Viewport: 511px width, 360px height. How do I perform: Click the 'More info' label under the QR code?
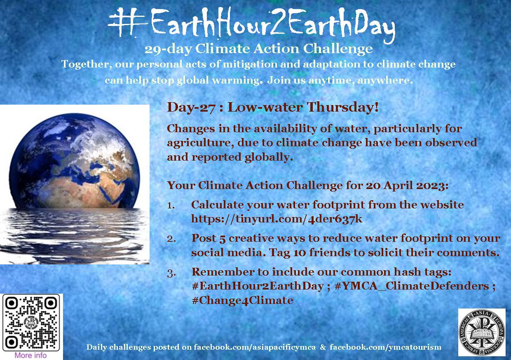[x=31, y=355]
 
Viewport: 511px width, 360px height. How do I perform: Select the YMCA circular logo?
[x=482, y=332]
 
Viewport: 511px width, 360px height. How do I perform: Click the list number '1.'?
[x=171, y=205]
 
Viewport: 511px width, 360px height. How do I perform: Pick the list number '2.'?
[x=171, y=239]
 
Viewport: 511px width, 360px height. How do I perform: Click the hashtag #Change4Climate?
[x=242, y=300]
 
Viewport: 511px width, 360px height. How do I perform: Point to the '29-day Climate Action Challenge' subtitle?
[x=258, y=49]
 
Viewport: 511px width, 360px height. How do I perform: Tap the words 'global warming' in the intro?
[x=215, y=81]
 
